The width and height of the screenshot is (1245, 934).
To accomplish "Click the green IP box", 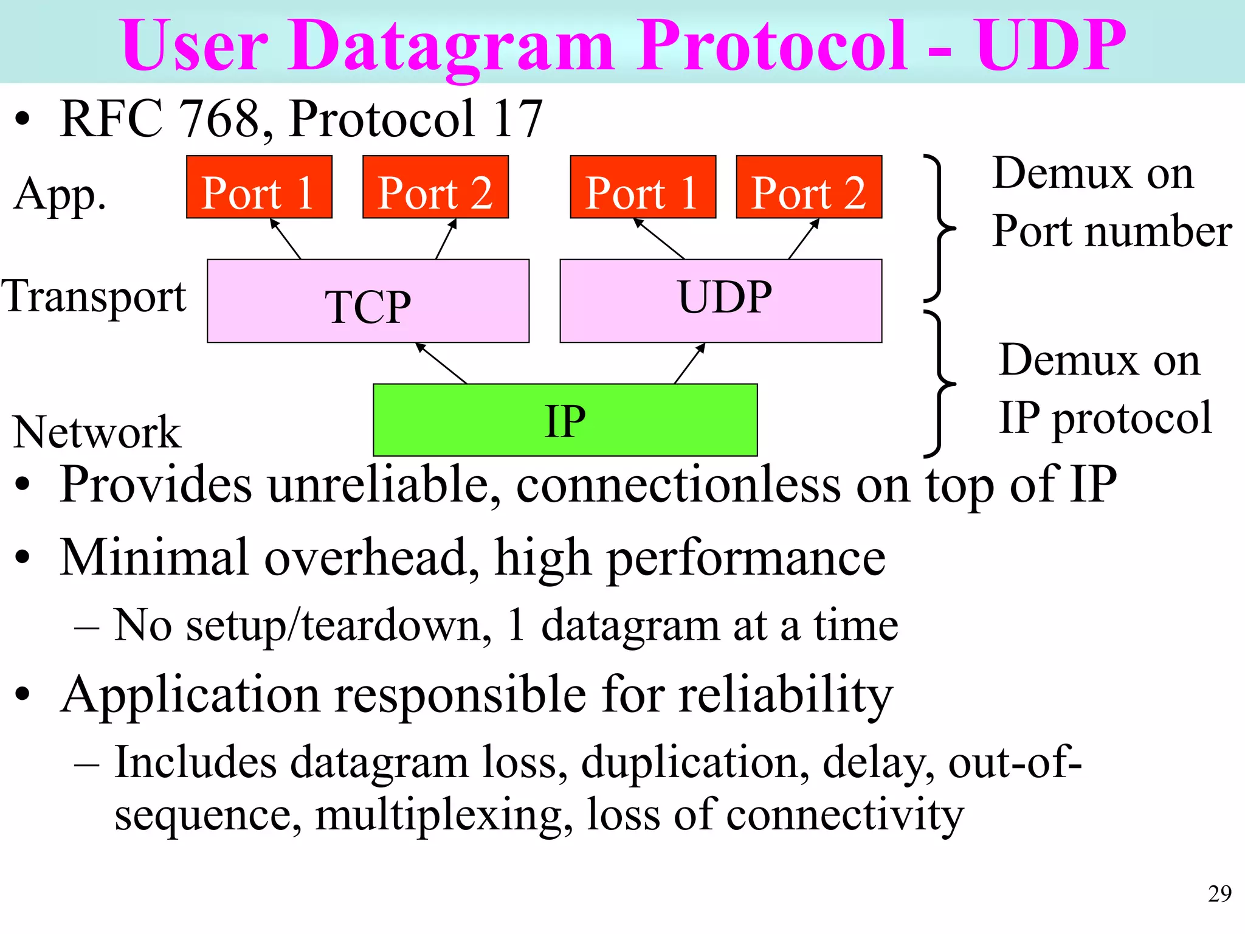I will pyautogui.click(x=565, y=420).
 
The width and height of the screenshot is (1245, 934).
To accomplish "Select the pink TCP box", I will pyautogui.click(x=368, y=302).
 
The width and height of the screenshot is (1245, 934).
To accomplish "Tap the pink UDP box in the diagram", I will pyautogui.click(x=720, y=300).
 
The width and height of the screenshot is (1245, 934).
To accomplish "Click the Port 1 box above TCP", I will pyautogui.click(x=259, y=187).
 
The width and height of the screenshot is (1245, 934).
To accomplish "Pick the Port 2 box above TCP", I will pyautogui.click(x=435, y=187).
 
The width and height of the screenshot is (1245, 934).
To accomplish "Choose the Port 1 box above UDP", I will pyautogui.click(x=643, y=187).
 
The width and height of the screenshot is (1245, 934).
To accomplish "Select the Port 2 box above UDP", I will pyautogui.click(x=809, y=187).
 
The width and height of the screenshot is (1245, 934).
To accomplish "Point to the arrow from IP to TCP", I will pyautogui.click(x=441, y=363).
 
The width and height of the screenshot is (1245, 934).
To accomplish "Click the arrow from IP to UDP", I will pyautogui.click(x=690, y=363).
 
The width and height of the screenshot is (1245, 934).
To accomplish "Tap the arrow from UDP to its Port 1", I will pyautogui.click(x=660, y=239).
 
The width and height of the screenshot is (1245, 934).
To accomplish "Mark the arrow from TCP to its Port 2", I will pyautogui.click(x=446, y=239).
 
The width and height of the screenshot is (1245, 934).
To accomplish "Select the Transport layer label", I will pyautogui.click(x=94, y=297).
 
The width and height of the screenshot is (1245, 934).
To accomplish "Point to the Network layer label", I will pyautogui.click(x=97, y=432).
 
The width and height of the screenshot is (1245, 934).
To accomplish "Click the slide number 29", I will pyautogui.click(x=1219, y=893).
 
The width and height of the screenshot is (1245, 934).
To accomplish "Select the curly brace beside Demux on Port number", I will pyautogui.click(x=939, y=229).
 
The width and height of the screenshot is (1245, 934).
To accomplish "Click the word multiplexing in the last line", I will pyautogui.click(x=444, y=814).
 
